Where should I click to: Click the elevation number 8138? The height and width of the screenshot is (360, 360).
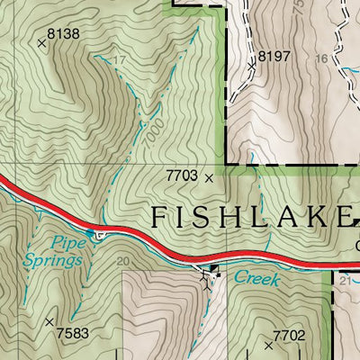[63, 34]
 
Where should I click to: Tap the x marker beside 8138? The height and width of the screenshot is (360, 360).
[41, 41]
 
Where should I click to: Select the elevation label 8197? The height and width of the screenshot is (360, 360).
[274, 57]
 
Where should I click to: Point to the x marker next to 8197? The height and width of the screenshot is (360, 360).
[252, 65]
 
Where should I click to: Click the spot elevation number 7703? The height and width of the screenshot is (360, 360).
[181, 177]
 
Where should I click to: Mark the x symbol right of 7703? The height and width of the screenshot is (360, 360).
[210, 178]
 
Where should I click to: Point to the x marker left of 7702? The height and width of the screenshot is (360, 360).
[268, 344]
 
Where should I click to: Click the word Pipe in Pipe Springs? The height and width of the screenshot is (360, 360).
[66, 242]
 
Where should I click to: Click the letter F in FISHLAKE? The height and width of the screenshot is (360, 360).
[158, 217]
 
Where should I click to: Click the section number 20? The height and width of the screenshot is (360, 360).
[123, 262]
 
